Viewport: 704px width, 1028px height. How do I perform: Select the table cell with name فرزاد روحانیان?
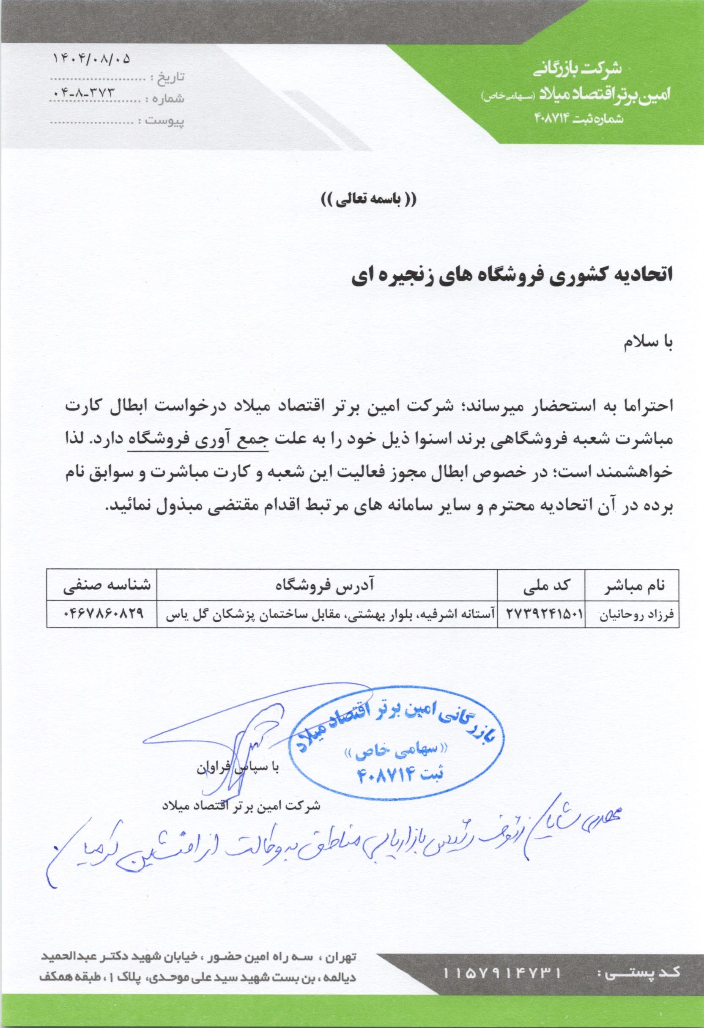[x=631, y=614]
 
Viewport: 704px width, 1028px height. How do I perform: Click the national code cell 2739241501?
[x=542, y=614]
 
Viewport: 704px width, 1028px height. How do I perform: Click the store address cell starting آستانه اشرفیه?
[x=328, y=614]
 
